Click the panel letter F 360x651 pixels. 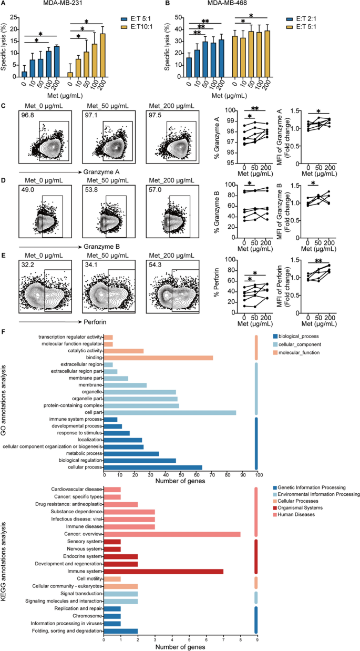pyautogui.click(x=4, y=332)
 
